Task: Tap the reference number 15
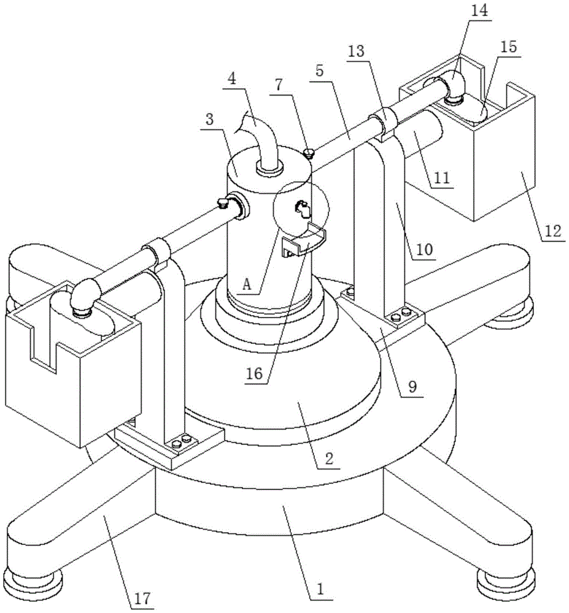pyautogui.click(x=509, y=47)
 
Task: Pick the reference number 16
pyautogui.click(x=257, y=373)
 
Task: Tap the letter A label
pyautogui.click(x=247, y=284)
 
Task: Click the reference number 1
pyautogui.click(x=320, y=590)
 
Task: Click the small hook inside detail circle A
pyautogui.click(x=303, y=209)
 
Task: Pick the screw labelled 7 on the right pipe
pyautogui.click(x=311, y=153)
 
